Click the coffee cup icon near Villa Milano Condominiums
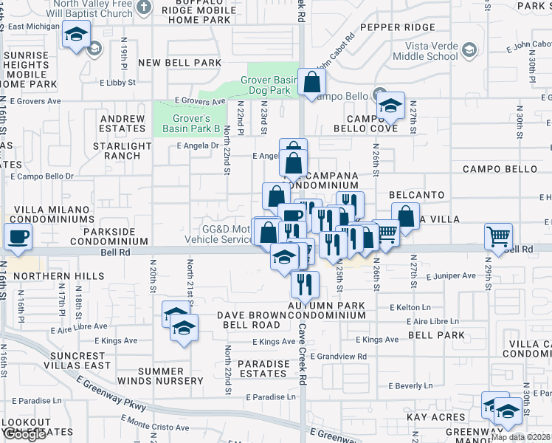point(18,237)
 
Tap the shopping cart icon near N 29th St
point(499,236)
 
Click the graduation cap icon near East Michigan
point(76,34)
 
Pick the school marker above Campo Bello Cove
point(390,108)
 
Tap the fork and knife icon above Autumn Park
point(304,282)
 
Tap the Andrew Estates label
point(123,123)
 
